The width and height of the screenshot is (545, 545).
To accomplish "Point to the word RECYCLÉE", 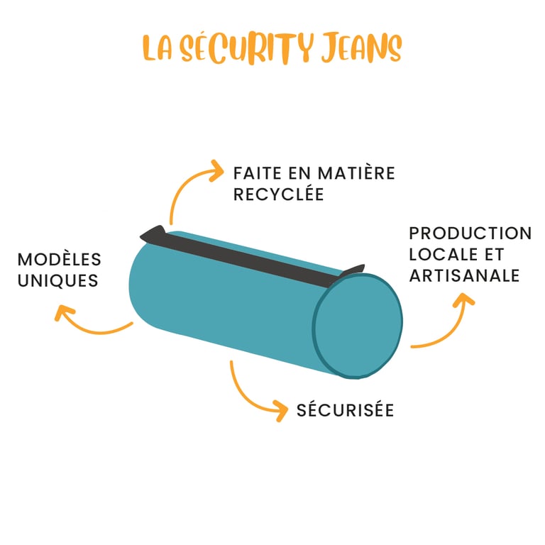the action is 278,194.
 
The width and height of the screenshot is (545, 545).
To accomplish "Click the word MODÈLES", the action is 60,260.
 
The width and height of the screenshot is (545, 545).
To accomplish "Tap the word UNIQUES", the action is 58,280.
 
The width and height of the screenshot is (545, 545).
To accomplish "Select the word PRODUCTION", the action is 470,233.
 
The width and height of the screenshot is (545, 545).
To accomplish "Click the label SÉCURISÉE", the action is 345,410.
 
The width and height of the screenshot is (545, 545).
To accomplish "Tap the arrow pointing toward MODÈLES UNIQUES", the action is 89,323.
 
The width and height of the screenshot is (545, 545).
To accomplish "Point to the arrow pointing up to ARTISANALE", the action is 447,323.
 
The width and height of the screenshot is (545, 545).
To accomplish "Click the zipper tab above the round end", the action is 352,270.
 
